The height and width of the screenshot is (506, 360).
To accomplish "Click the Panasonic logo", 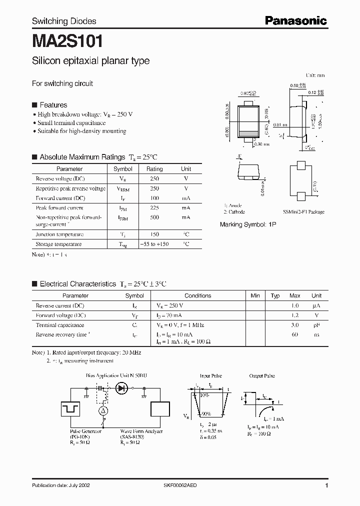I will (x=295, y=20).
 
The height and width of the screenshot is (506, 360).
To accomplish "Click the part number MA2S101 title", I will (x=68, y=40).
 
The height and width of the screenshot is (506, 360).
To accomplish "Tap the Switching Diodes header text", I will (x=64, y=21).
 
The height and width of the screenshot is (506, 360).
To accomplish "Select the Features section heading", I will (x=53, y=105).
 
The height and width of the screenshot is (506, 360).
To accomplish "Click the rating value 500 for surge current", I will (x=154, y=217).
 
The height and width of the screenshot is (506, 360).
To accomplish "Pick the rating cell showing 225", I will (x=154, y=207).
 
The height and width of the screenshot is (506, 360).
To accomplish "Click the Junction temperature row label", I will (x=59, y=234).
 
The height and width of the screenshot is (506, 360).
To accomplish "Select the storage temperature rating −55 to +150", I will (x=154, y=244).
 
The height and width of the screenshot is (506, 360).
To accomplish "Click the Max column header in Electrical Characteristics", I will (x=295, y=295).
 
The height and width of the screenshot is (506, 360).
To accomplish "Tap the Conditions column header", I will (x=198, y=295).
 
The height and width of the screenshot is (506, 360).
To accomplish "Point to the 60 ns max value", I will (x=295, y=334).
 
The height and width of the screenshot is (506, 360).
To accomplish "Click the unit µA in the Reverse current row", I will (x=316, y=305).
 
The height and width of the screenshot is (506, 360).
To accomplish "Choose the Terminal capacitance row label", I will (x=60, y=325).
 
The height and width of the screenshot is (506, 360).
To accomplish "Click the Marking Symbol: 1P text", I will (x=248, y=225).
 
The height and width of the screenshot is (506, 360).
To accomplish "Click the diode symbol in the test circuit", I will (x=121, y=387).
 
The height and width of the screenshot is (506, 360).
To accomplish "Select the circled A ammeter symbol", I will (x=103, y=410).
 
